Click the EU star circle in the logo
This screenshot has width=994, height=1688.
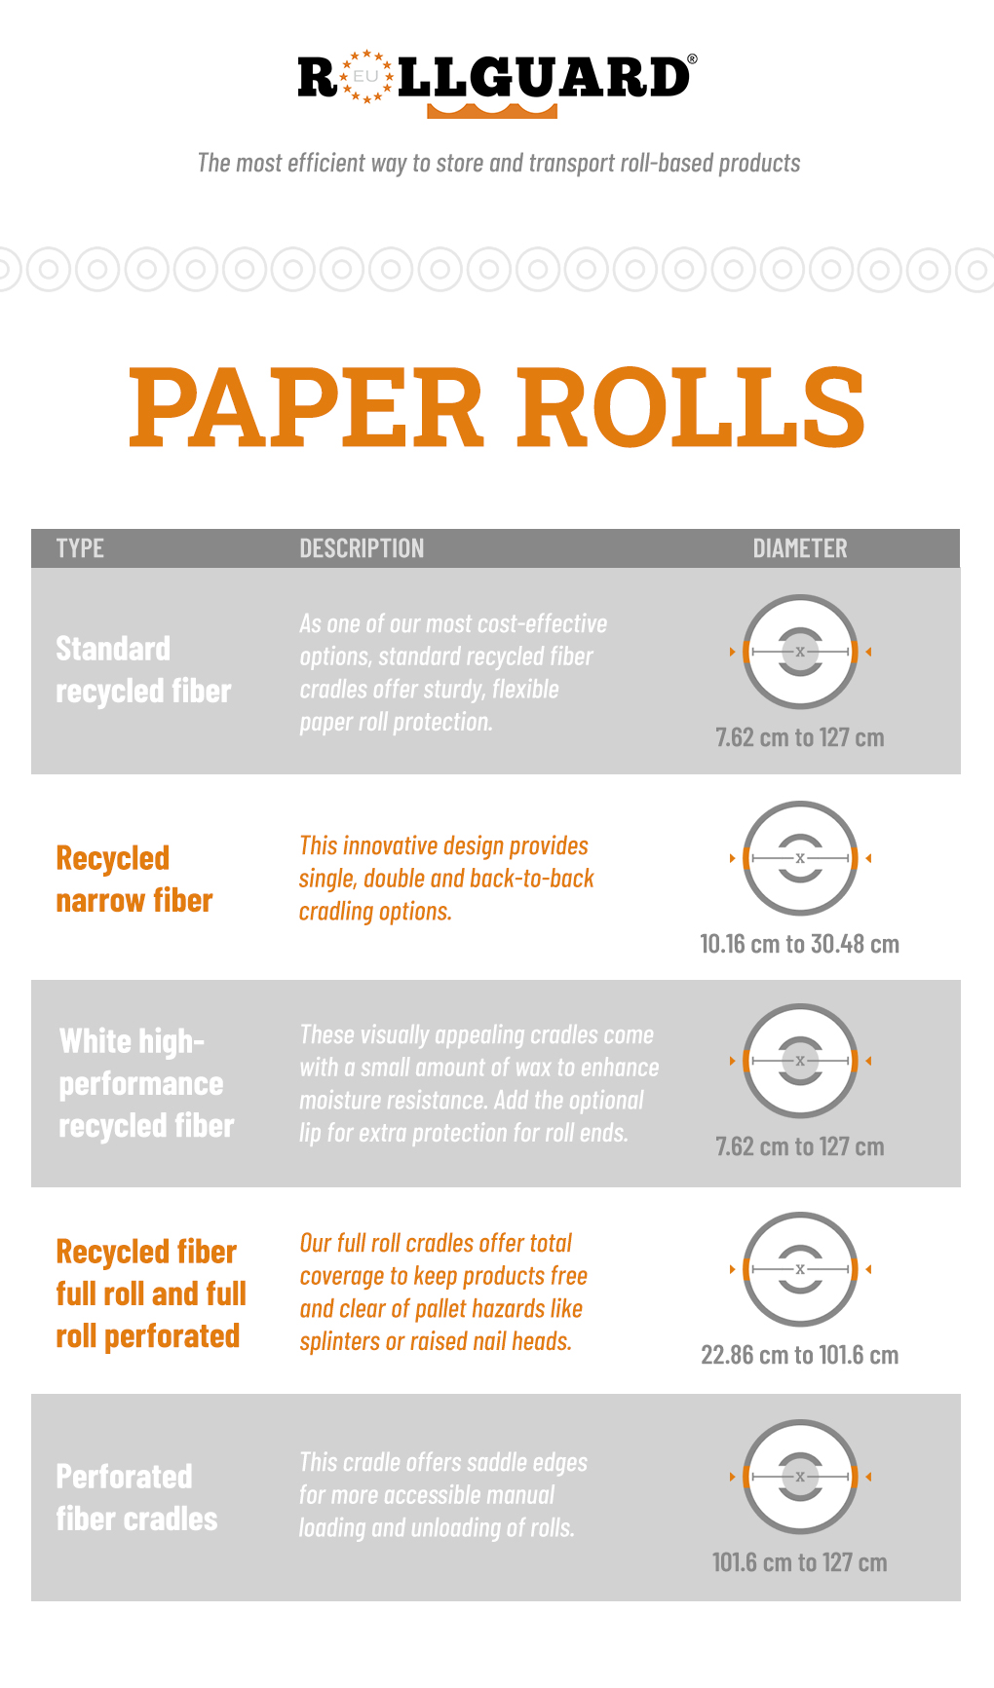(x=365, y=76)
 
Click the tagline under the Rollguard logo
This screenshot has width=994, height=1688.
(x=499, y=163)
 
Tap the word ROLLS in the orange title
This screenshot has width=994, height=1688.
(x=691, y=406)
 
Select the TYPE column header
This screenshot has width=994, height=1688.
(x=80, y=548)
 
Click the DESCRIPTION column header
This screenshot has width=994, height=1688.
(x=362, y=548)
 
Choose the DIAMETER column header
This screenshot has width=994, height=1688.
(x=800, y=548)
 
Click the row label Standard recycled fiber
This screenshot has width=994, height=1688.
(x=143, y=669)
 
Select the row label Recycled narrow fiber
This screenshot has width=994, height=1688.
(x=134, y=879)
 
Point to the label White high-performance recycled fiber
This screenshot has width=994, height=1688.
(x=146, y=1083)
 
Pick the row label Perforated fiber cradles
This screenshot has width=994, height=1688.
(x=136, y=1497)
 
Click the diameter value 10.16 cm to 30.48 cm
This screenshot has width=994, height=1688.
(x=800, y=944)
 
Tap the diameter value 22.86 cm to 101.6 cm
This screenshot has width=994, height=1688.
(x=800, y=1355)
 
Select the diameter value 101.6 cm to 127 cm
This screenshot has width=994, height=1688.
(x=800, y=1562)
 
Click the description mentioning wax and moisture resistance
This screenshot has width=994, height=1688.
(x=479, y=1083)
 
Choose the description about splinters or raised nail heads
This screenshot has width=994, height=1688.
(x=443, y=1292)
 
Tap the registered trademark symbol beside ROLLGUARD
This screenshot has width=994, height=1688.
(x=692, y=59)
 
